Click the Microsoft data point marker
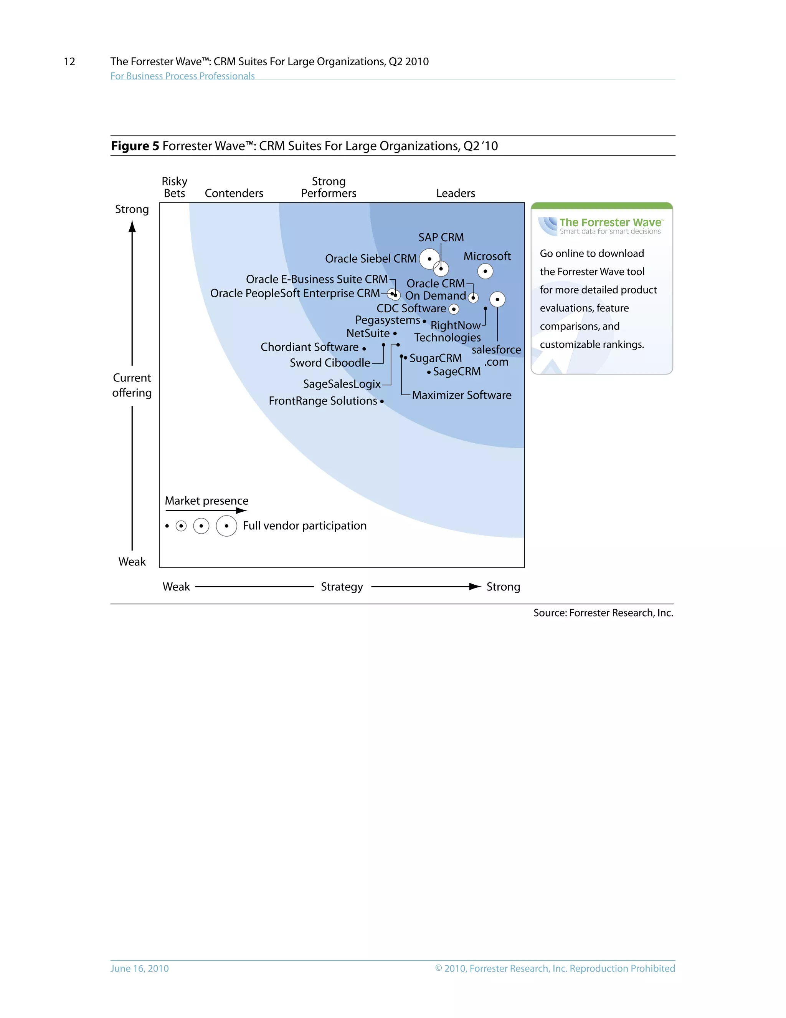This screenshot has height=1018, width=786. pyautogui.click(x=485, y=271)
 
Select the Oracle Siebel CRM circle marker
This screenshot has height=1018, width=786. pyautogui.click(x=429, y=259)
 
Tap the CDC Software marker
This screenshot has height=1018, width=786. pyautogui.click(x=454, y=309)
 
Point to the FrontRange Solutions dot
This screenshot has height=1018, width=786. pyautogui.click(x=382, y=401)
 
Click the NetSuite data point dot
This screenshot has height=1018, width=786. pyautogui.click(x=395, y=334)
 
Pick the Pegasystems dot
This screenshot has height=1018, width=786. pyautogui.click(x=424, y=321)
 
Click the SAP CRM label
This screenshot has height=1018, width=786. pyautogui.click(x=441, y=238)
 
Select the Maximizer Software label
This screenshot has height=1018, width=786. pyautogui.click(x=461, y=395)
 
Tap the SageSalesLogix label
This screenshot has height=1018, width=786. pyautogui.click(x=342, y=384)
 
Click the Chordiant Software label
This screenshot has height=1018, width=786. pyautogui.click(x=309, y=347)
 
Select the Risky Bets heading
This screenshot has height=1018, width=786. pyautogui.click(x=175, y=187)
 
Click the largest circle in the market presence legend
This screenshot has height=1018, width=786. pyautogui.click(x=226, y=526)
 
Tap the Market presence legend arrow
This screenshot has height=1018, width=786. pyautogui.click(x=206, y=511)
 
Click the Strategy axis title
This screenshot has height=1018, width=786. pyautogui.click(x=342, y=587)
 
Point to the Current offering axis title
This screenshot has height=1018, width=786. pyautogui.click(x=132, y=385)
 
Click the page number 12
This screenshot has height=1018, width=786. pyautogui.click(x=69, y=61)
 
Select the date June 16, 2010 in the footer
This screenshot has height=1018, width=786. pyautogui.click(x=139, y=968)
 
